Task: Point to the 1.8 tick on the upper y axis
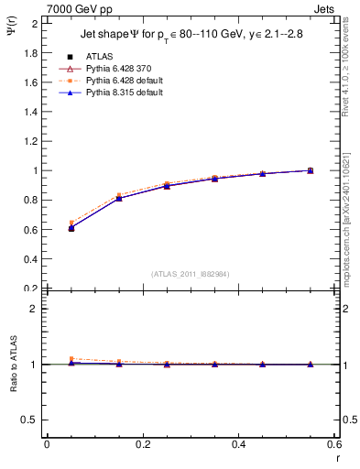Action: pos(32,52)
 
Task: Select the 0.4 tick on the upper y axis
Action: pos(32,258)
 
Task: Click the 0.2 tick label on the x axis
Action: pos(143,444)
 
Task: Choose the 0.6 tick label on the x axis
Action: pos(335,444)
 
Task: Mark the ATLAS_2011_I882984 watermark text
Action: pos(190,274)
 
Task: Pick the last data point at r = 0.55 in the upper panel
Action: pos(311,170)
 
